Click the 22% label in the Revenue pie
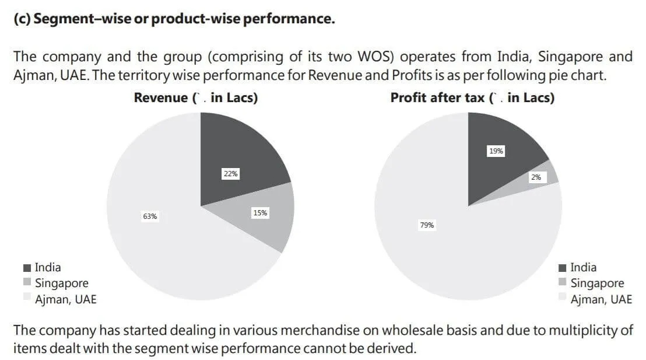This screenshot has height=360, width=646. [x=231, y=174]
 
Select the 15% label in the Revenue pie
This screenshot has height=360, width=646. [x=260, y=213]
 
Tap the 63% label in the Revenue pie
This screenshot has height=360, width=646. [x=150, y=216]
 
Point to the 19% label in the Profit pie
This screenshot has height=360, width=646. [x=496, y=151]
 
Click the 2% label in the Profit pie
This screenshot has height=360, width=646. [x=536, y=177]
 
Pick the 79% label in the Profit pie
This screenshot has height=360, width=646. [x=427, y=225]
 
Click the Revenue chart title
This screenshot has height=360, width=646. [x=195, y=98]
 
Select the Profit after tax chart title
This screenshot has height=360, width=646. [x=472, y=98]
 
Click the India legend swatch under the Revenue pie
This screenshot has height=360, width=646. [x=27, y=268]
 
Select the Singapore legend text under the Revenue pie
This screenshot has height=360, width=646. [x=62, y=284]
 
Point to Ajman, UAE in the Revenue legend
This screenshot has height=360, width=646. [x=65, y=299]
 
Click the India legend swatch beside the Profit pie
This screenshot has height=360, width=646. [x=563, y=268]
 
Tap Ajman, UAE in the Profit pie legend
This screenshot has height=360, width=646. [x=601, y=299]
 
